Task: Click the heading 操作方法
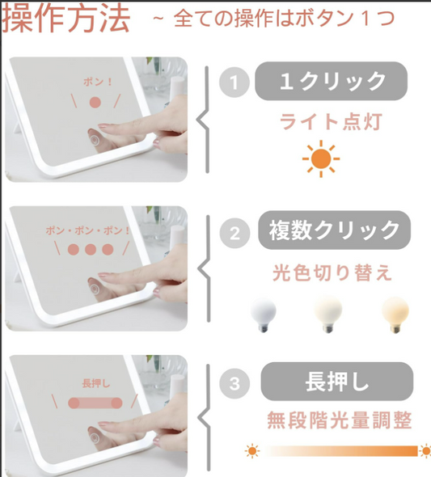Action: (x=66, y=19)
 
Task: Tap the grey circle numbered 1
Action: (x=235, y=82)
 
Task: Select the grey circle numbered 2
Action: (x=235, y=234)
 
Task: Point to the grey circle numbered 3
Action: (x=235, y=383)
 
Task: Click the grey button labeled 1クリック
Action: (x=331, y=81)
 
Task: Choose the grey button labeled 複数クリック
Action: (x=334, y=230)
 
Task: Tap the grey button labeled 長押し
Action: (x=337, y=382)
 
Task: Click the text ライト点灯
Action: (x=331, y=122)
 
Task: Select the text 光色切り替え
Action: (x=332, y=272)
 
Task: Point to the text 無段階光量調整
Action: (x=339, y=420)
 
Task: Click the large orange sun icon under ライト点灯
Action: (x=321, y=158)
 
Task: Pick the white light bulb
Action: (x=263, y=315)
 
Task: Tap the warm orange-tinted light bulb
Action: (x=395, y=314)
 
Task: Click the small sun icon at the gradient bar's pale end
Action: (x=252, y=451)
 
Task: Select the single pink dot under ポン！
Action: (x=95, y=103)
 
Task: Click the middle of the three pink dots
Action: (x=91, y=250)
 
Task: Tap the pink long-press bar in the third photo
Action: (x=95, y=403)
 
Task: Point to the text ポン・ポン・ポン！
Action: (x=88, y=230)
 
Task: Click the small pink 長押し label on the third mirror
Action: (x=95, y=383)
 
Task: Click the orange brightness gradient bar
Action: (x=341, y=451)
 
